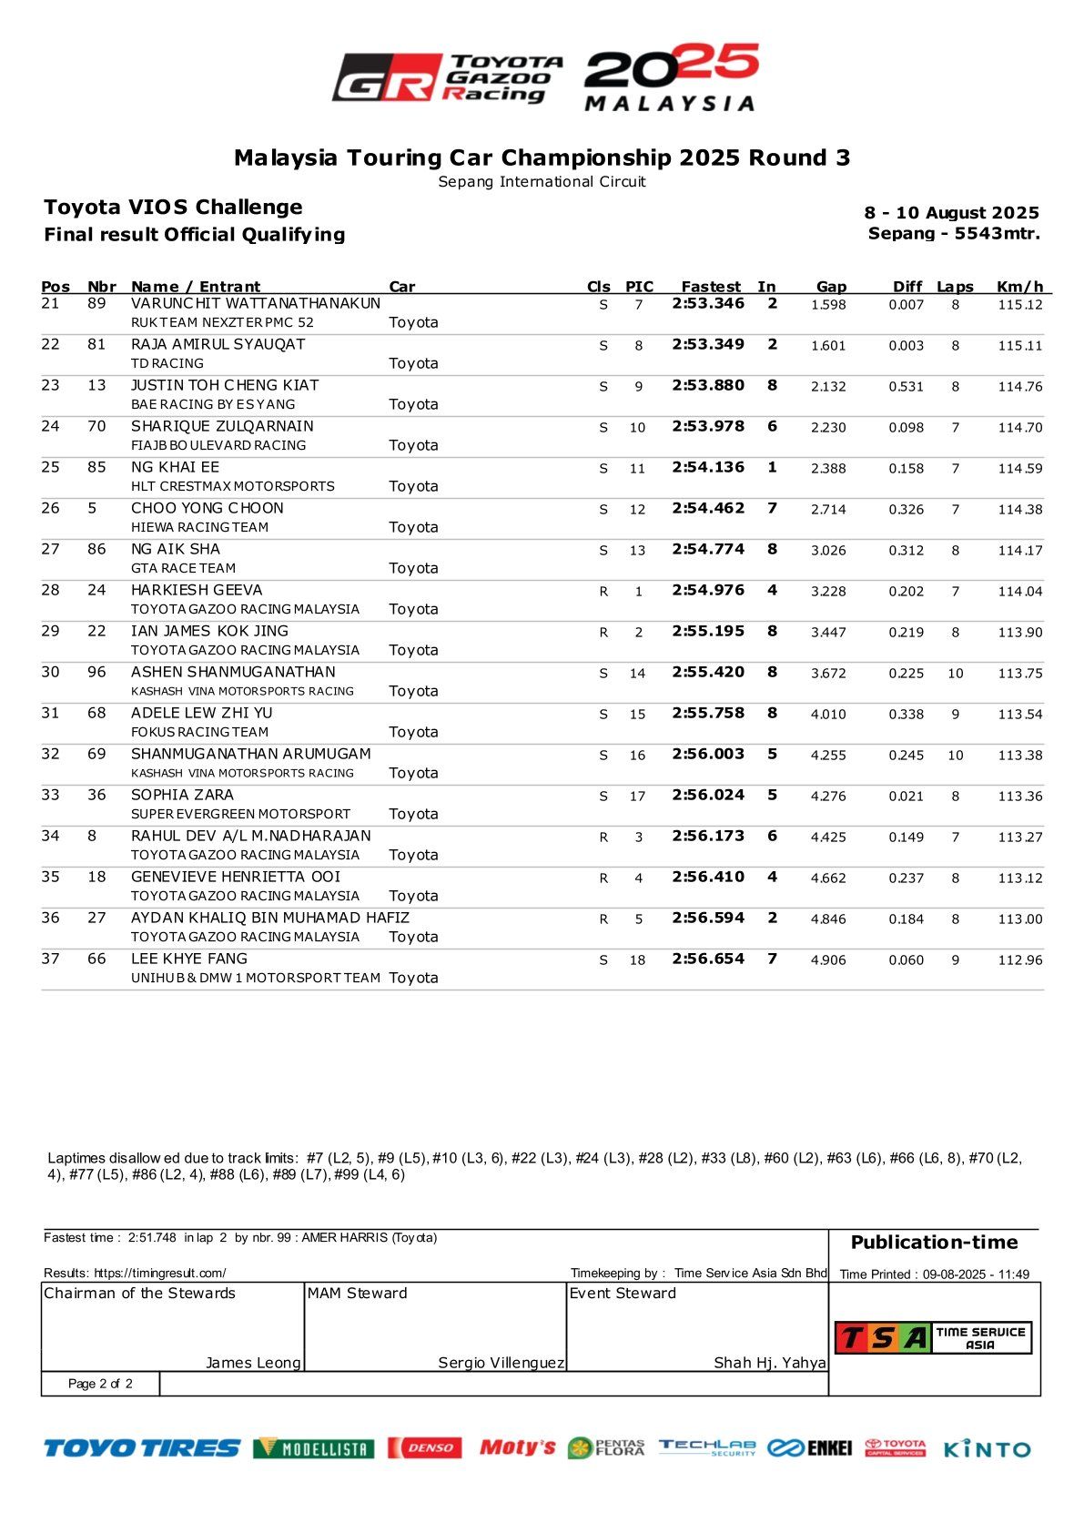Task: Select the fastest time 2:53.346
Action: tap(708, 303)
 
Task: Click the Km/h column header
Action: tap(1019, 287)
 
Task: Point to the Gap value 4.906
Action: tap(828, 959)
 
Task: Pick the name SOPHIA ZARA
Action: tap(182, 795)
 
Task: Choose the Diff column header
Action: tap(907, 287)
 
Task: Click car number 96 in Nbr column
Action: tap(96, 672)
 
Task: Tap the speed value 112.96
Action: tap(1019, 959)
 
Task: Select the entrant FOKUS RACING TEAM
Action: tap(199, 732)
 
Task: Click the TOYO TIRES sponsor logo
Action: tap(142, 1447)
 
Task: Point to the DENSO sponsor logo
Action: tap(425, 1447)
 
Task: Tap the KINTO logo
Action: tap(987, 1448)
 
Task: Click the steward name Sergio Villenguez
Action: tap(501, 1363)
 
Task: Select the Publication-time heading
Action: tap(934, 1243)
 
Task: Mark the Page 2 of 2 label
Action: tap(100, 1384)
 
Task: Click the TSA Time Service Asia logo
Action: tap(933, 1337)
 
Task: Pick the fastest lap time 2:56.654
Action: tap(708, 959)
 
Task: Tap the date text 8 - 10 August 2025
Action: tap(951, 213)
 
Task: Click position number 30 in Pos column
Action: tap(50, 672)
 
